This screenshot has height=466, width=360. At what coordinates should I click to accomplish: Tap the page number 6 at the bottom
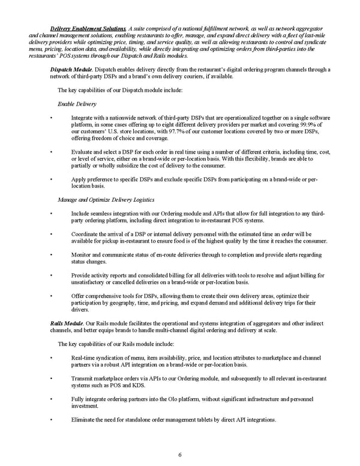pos(180,454)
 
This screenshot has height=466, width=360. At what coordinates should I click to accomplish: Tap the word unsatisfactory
pos(92,282)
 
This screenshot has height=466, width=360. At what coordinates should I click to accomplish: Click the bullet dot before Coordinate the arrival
pos(53,234)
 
